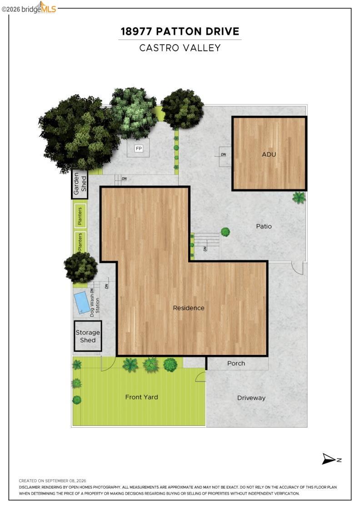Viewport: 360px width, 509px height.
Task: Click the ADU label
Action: (x=269, y=154)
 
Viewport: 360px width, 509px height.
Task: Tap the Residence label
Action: (x=189, y=308)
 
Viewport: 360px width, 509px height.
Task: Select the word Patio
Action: (x=264, y=226)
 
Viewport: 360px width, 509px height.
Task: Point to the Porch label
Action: (x=236, y=363)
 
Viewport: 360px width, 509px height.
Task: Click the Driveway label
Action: (x=251, y=398)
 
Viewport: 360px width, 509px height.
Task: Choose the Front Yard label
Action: (x=141, y=397)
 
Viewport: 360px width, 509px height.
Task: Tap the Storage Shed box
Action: (x=88, y=336)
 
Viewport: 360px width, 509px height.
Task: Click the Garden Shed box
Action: (x=80, y=184)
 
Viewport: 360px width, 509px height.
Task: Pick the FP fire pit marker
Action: (x=139, y=149)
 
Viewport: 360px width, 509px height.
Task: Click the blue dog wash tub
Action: (x=82, y=303)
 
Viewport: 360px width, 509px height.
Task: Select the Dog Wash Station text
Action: (x=95, y=303)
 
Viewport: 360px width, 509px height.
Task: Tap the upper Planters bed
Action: (x=80, y=215)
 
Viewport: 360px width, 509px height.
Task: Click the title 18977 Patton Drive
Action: (x=180, y=31)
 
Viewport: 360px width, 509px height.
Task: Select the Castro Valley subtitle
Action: (x=180, y=48)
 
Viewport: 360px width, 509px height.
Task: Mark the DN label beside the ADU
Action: (x=223, y=155)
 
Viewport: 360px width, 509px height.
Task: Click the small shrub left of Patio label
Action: (x=225, y=232)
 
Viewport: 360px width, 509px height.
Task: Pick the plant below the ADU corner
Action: (x=299, y=197)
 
